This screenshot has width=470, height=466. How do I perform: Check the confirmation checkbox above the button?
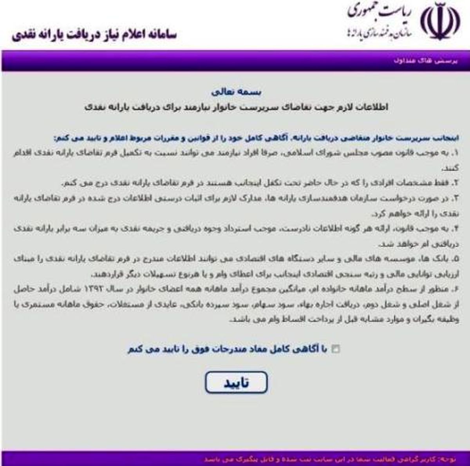click(x=336, y=349)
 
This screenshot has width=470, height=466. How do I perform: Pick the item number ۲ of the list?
click(x=456, y=183)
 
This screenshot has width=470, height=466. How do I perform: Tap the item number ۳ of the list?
click(x=456, y=199)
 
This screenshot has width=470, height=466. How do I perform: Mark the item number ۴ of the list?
click(x=456, y=229)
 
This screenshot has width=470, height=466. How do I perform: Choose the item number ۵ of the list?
click(x=456, y=259)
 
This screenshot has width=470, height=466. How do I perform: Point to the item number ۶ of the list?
click(x=456, y=289)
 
